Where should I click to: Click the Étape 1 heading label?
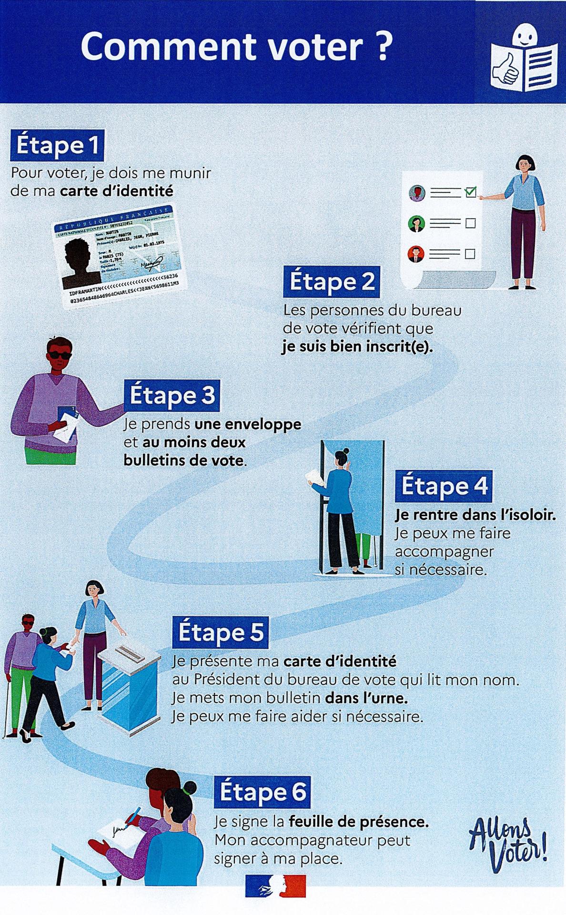pos(57,145)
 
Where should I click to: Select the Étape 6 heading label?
pos(263,793)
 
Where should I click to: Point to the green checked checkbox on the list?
pos(471,192)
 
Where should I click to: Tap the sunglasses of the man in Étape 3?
pos(60,355)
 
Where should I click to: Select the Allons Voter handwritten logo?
pos(507,844)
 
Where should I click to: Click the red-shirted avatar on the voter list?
pos(416,254)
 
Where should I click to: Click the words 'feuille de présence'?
pos(358,822)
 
